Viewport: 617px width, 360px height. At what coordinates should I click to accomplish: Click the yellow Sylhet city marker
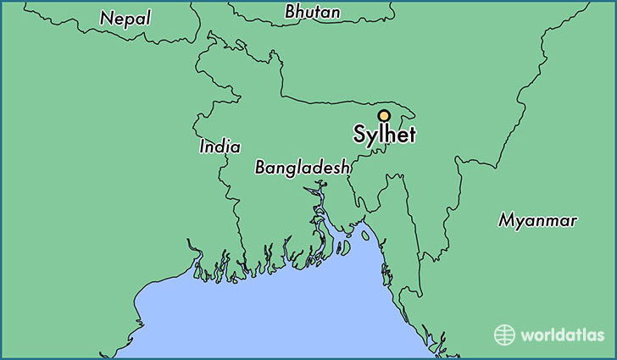click(x=383, y=115)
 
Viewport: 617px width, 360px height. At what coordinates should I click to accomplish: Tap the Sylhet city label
click(x=386, y=135)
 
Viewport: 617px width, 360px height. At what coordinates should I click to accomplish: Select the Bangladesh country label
click(x=303, y=168)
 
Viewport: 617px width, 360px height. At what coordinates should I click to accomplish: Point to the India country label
click(x=220, y=147)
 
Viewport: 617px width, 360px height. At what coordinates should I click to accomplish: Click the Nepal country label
click(x=125, y=17)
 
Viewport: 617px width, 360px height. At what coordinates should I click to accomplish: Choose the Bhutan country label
click(x=313, y=12)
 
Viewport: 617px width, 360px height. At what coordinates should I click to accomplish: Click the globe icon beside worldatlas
click(x=504, y=334)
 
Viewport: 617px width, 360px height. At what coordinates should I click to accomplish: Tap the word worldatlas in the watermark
click(x=558, y=335)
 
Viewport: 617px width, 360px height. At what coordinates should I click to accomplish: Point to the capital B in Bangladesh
click(x=261, y=168)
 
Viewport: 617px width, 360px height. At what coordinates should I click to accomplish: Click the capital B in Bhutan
click(x=292, y=12)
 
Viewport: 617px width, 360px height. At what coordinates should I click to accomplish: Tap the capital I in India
click(x=202, y=147)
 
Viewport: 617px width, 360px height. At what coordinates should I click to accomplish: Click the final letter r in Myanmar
click(x=574, y=221)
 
